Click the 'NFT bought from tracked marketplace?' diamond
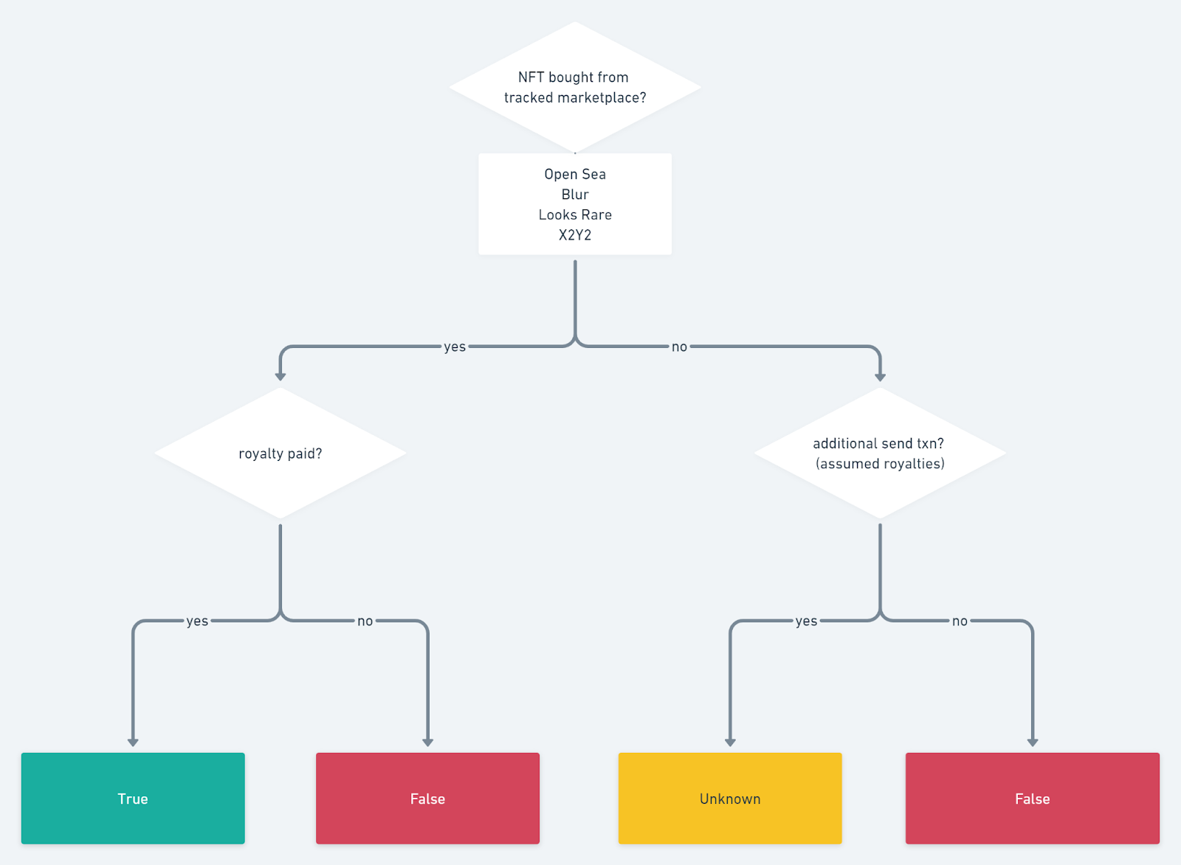click(x=574, y=87)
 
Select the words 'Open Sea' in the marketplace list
click(x=575, y=174)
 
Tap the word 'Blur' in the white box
click(x=575, y=195)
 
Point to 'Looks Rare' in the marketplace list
click(x=575, y=215)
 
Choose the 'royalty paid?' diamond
click(x=280, y=454)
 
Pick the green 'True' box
click(x=133, y=799)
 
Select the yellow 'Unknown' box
click(x=730, y=799)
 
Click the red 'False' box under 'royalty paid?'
click(x=427, y=799)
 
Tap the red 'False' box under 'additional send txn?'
click(x=1032, y=799)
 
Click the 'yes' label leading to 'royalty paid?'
click(x=455, y=347)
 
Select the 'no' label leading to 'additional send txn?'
click(x=679, y=347)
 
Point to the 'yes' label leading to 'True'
click(x=197, y=621)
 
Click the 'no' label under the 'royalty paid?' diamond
click(x=365, y=621)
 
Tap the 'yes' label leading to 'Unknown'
click(x=806, y=621)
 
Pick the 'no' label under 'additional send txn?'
click(x=960, y=621)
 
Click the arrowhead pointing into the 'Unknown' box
click(x=730, y=742)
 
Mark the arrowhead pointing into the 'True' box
click(x=133, y=742)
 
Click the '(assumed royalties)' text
click(x=880, y=464)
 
